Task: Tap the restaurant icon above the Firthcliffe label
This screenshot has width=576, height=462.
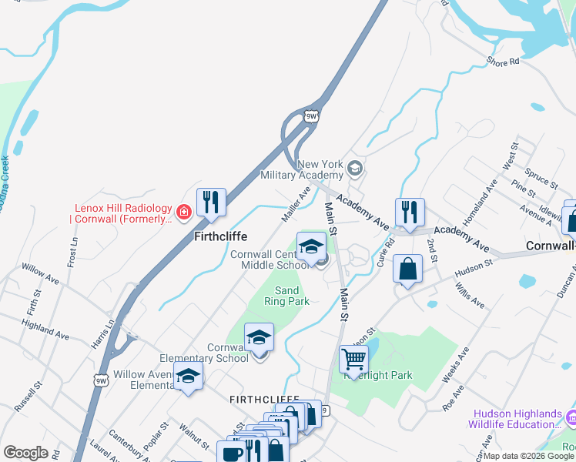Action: tap(211, 203)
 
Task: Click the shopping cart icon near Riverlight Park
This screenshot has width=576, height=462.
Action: tap(353, 359)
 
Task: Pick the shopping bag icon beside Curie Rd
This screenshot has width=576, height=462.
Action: tap(407, 269)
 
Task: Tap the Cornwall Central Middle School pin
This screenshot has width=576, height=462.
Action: tap(311, 246)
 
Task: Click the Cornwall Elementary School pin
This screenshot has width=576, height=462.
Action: tap(260, 337)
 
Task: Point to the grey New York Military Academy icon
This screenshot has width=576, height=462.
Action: tap(354, 168)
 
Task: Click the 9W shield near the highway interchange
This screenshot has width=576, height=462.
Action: tap(311, 116)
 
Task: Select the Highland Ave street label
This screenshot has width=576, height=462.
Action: tap(46, 331)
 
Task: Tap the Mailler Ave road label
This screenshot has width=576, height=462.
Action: tap(295, 205)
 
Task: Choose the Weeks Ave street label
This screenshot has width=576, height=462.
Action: tap(456, 365)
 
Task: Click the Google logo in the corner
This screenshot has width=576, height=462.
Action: tap(25, 453)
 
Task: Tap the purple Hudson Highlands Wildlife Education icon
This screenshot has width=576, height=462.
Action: tap(570, 417)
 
